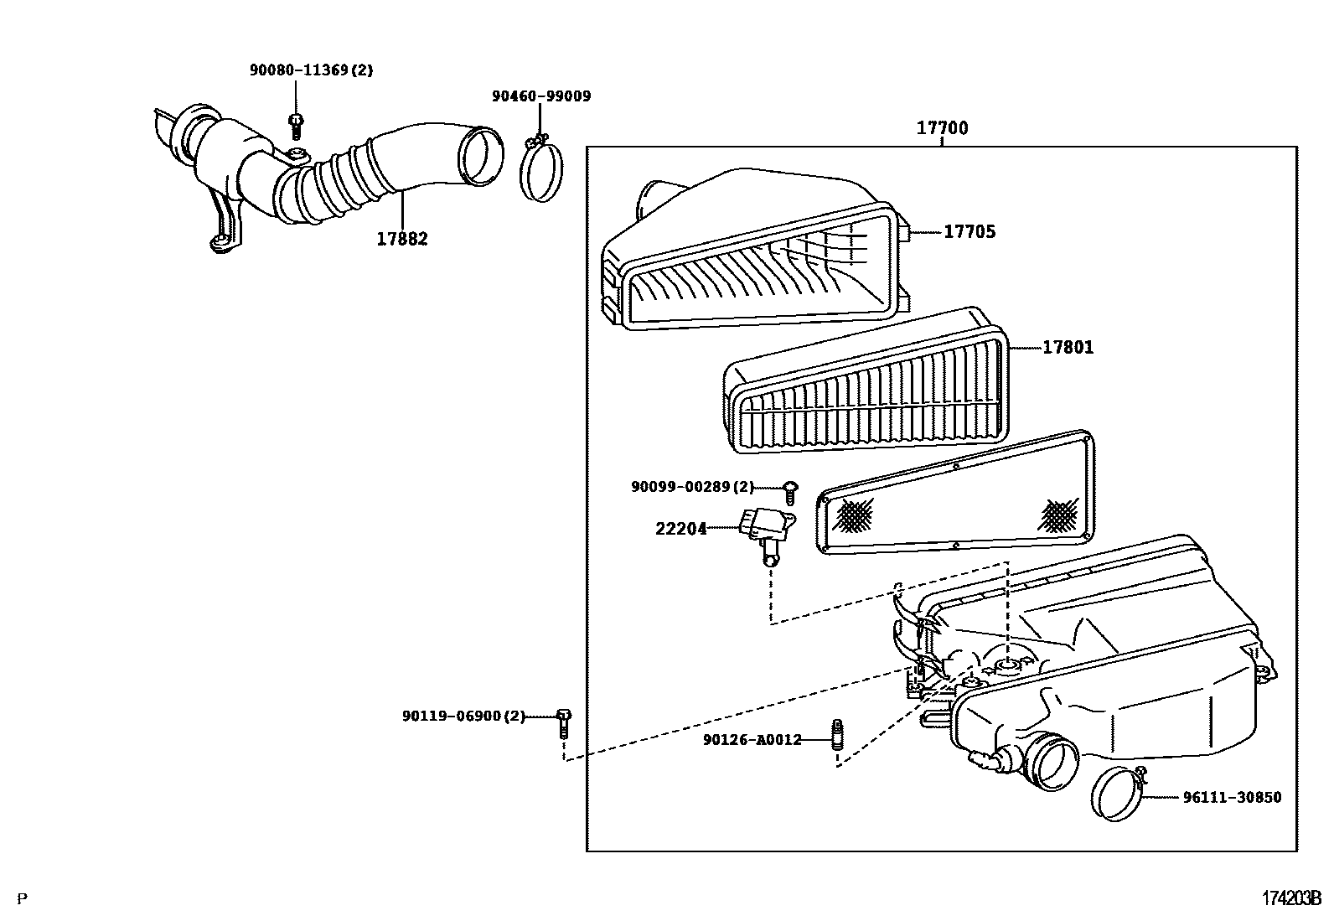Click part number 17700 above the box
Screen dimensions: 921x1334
[942, 128]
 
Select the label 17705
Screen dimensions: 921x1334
[969, 232]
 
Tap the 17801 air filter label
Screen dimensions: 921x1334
[1068, 347]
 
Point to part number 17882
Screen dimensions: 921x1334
[401, 239]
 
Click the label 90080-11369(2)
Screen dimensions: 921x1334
[311, 70]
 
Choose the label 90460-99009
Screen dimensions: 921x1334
[540, 96]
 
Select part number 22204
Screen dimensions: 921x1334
[680, 529]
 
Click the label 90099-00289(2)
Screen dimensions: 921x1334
[692, 486]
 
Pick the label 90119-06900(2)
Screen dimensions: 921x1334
[463, 716]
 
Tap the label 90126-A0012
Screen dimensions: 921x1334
[752, 740]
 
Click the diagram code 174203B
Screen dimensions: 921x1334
[1291, 898]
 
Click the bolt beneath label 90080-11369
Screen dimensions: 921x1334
[296, 126]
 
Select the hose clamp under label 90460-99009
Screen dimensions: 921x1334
[542, 170]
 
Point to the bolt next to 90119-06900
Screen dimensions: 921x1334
[564, 722]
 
